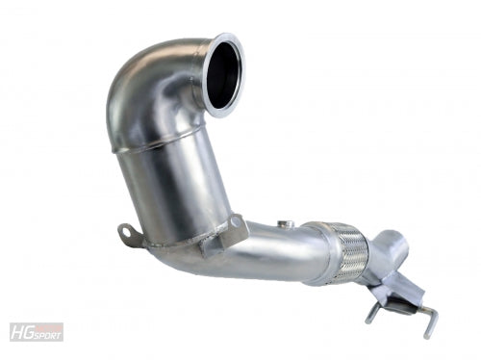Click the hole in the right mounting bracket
point(235,220)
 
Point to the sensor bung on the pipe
point(284,224)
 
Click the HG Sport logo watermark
point(37,332)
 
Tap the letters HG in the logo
point(21,332)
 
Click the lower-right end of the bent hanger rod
point(426,337)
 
